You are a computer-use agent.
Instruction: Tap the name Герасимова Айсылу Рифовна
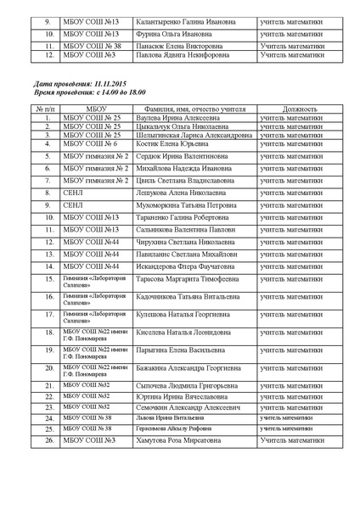175,428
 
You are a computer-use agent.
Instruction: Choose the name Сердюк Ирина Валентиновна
181,157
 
